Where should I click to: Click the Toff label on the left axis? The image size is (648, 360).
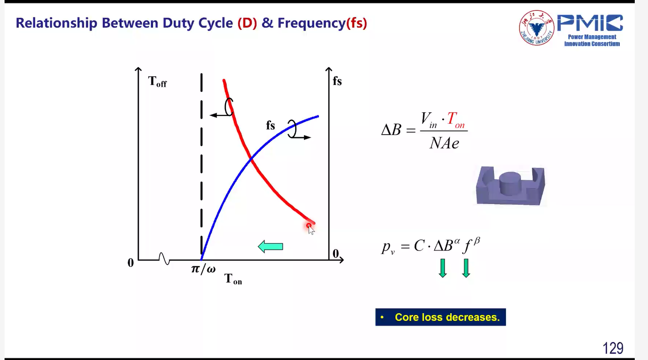(x=157, y=81)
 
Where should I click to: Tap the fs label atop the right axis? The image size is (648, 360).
(x=337, y=81)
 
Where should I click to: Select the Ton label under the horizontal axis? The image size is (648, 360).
(x=233, y=279)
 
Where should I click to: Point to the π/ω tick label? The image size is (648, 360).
(x=203, y=269)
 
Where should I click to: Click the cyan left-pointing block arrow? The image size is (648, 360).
(x=270, y=246)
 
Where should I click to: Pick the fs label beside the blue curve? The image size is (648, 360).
(x=270, y=125)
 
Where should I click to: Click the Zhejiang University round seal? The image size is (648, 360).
(x=537, y=28)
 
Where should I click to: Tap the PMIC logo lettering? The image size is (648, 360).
(x=590, y=23)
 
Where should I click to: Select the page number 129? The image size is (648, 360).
(x=613, y=348)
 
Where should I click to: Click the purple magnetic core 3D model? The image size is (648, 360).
(x=511, y=186)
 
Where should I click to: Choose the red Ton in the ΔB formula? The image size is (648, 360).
(x=456, y=120)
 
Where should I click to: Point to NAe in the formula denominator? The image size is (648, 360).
(x=444, y=143)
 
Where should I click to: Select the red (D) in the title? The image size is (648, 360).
(x=247, y=23)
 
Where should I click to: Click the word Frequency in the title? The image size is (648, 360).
(x=311, y=23)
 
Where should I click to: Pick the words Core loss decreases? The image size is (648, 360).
(x=447, y=317)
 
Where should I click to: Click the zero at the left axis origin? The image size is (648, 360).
(x=131, y=263)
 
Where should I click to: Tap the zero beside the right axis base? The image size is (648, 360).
(x=335, y=254)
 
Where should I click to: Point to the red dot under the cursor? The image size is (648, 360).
(x=308, y=225)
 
